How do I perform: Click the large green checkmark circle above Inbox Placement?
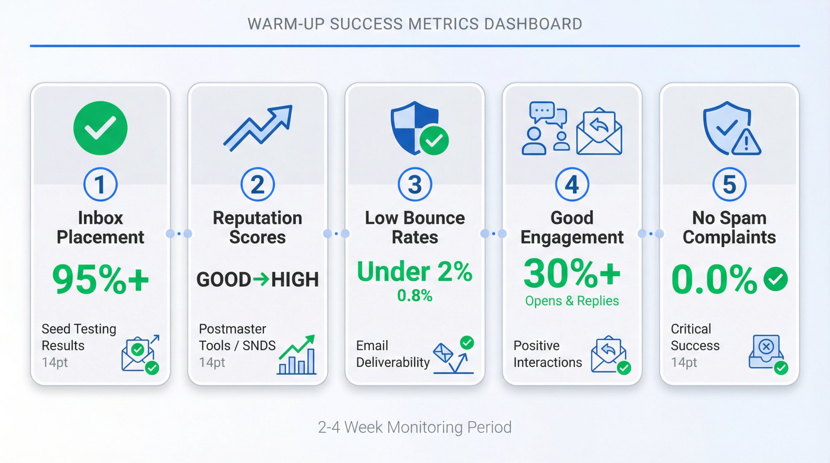click(100, 128)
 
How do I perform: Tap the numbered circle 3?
click(415, 184)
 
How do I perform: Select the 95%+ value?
click(100, 279)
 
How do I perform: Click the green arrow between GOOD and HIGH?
click(261, 279)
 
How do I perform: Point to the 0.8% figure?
click(415, 295)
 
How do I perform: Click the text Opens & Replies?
click(571, 301)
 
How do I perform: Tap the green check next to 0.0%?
click(775, 279)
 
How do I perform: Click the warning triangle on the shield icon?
click(746, 142)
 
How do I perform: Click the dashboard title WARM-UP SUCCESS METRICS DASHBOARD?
click(415, 24)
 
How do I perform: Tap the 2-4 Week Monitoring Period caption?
click(415, 427)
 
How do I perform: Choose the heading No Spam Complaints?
click(729, 227)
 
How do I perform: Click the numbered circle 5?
click(729, 184)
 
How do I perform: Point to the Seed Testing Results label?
click(78, 337)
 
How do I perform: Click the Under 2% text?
click(415, 272)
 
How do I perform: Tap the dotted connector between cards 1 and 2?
click(179, 234)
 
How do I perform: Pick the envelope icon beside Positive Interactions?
click(609, 355)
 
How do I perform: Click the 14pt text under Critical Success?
click(684, 362)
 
